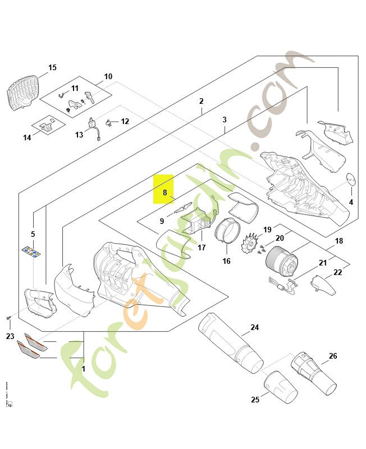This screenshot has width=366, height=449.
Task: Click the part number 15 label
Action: [x=52, y=68]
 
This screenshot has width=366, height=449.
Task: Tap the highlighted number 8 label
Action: [x=164, y=192]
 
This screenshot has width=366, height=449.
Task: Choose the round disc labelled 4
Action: [x=351, y=180]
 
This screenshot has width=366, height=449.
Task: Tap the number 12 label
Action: [x=125, y=121]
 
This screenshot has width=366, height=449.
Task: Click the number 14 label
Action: [x=28, y=138]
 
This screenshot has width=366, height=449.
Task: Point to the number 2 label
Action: [x=201, y=102]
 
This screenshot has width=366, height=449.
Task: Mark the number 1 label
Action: [x=84, y=369]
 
